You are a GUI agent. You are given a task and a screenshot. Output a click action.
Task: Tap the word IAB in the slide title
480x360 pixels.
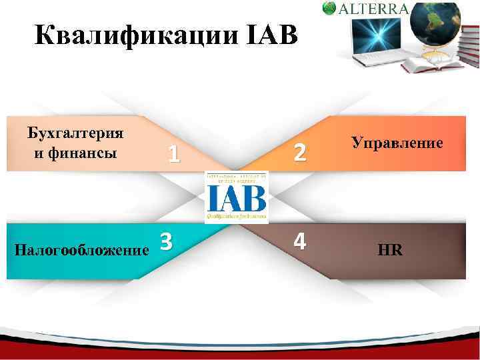point(270,35)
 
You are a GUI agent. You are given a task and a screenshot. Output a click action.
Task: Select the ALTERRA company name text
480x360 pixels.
point(375,9)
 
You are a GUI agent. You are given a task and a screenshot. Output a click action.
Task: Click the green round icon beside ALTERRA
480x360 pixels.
point(329,8)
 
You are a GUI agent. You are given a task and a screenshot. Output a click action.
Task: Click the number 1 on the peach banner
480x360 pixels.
point(173,154)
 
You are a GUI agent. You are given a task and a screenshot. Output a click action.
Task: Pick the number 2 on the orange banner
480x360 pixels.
point(300,153)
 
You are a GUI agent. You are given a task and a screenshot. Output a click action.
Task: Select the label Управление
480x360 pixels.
point(397,143)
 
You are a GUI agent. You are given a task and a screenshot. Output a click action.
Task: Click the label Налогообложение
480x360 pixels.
point(81,251)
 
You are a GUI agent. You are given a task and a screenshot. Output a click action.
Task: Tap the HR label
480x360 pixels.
point(390,251)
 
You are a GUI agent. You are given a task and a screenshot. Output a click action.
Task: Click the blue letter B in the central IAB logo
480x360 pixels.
point(256,197)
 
